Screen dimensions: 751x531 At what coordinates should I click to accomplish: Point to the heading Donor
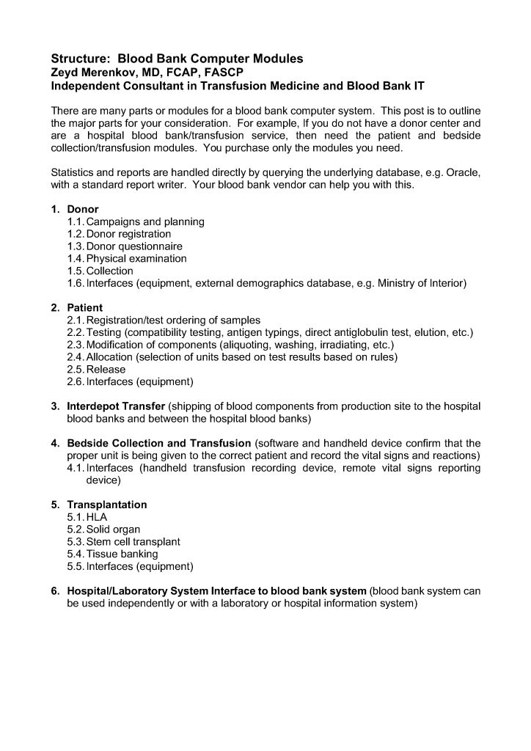tap(83, 209)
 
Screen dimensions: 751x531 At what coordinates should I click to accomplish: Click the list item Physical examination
tap(136, 259)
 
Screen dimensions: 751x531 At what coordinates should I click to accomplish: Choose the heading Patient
tap(85, 308)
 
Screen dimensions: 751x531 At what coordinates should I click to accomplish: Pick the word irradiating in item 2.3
tap(340, 345)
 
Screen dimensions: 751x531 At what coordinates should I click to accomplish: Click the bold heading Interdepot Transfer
tap(116, 406)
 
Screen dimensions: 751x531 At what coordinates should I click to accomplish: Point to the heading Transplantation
tap(107, 505)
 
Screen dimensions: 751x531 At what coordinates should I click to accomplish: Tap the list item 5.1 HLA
tap(87, 517)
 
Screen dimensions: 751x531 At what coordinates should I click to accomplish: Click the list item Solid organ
tap(113, 530)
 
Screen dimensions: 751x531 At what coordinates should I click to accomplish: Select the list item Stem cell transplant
tap(133, 542)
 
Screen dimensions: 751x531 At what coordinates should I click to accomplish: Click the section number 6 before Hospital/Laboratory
tap(55, 591)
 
